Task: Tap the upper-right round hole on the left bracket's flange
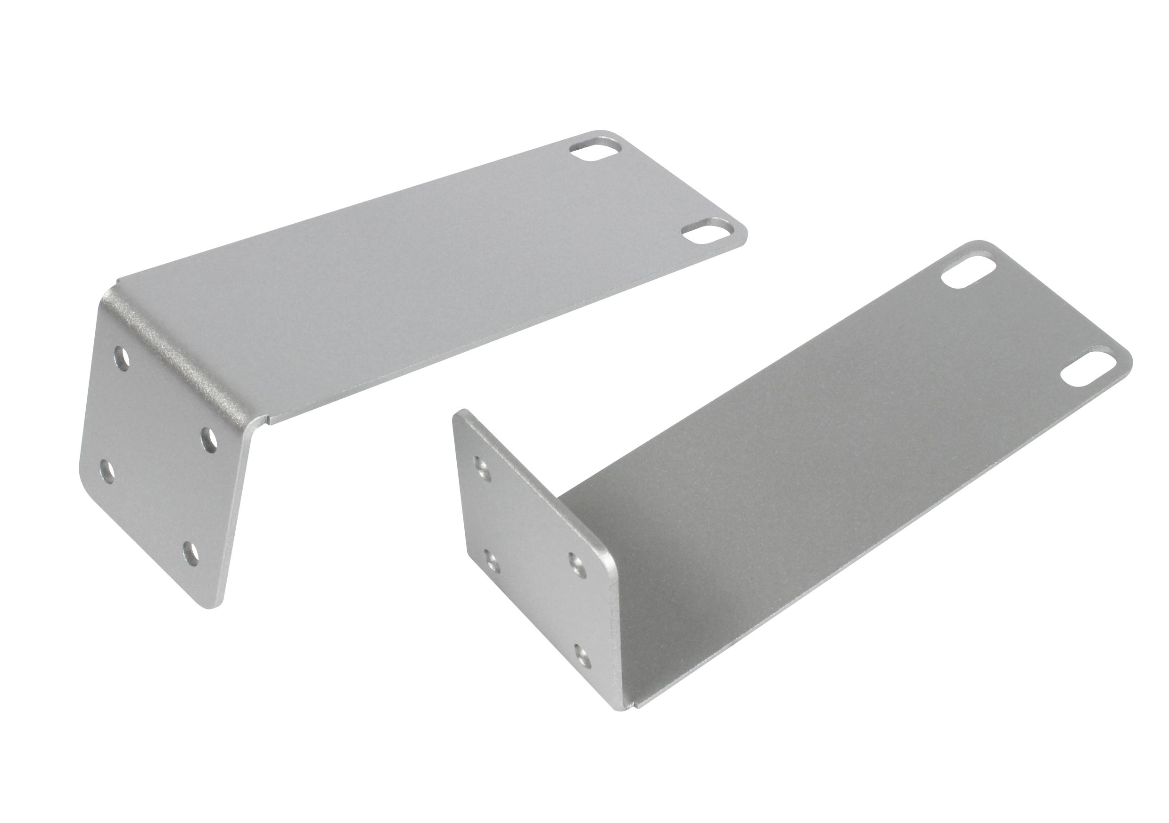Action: (208, 438)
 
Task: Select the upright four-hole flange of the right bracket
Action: (535, 559)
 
